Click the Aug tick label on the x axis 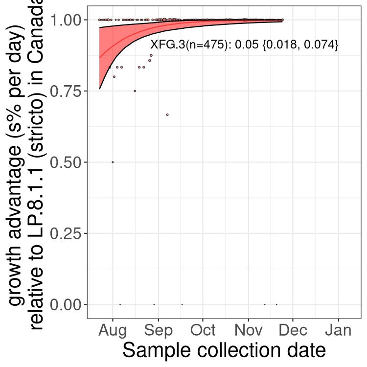pyautogui.click(x=113, y=330)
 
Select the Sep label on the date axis pyautogui.click(x=159, y=330)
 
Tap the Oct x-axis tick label pyautogui.click(x=203, y=330)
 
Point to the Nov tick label pyautogui.click(x=248, y=330)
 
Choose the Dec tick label pyautogui.click(x=293, y=330)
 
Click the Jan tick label pyautogui.click(x=338, y=330)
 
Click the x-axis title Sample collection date pyautogui.click(x=224, y=351)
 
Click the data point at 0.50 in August pyautogui.click(x=113, y=162)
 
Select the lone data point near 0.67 pyautogui.click(x=167, y=115)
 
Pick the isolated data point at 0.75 pyautogui.click(x=135, y=91)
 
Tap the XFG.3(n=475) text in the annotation pyautogui.click(x=190, y=45)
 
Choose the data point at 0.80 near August pyautogui.click(x=115, y=76)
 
